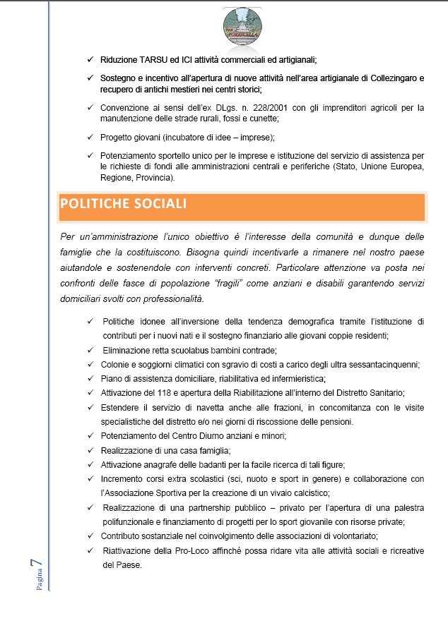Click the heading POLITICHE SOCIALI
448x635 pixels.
(x=124, y=205)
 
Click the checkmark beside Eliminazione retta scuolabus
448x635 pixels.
(x=90, y=350)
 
